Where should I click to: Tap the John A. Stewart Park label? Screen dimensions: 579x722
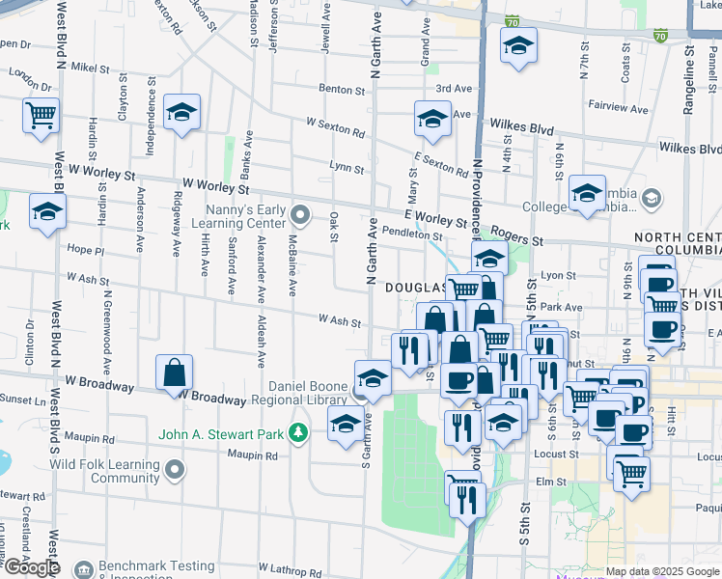click(221, 433)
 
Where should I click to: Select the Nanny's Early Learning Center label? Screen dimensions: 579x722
click(245, 217)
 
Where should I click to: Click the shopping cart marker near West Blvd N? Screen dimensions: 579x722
click(42, 116)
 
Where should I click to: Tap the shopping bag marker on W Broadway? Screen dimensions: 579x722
click(174, 372)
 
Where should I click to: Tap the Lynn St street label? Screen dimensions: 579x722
click(347, 168)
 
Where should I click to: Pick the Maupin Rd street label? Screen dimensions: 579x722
click(246, 455)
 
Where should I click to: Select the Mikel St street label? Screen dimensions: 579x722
click(92, 68)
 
